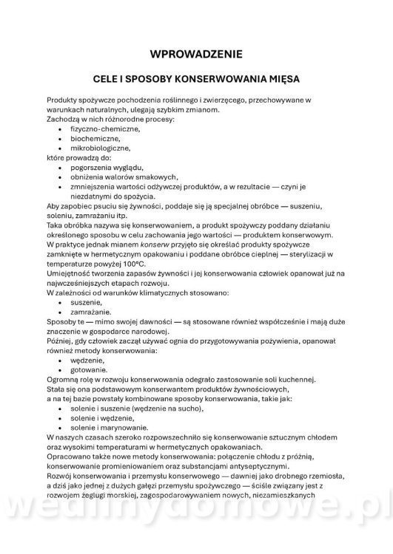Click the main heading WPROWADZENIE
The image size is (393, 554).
(x=196, y=54)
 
